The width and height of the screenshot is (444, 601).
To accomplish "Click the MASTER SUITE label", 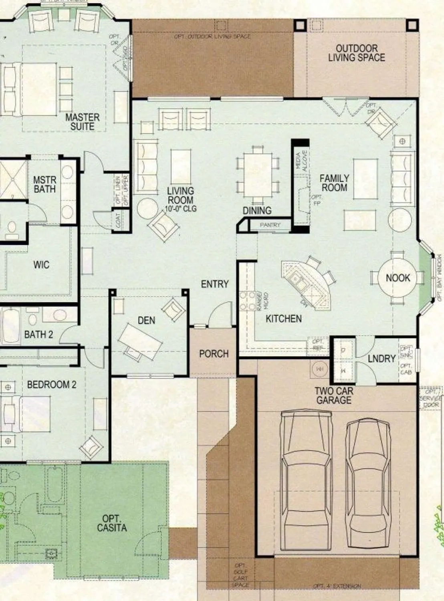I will tap(82, 122).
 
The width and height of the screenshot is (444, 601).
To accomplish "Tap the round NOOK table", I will tap(398, 278).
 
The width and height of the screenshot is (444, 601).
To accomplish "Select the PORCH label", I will tap(214, 354).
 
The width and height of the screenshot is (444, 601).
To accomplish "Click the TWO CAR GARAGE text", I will tap(333, 395).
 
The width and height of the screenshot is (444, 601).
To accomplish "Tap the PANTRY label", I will tap(270, 225).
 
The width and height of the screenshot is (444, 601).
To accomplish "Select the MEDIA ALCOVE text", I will tap(301, 161).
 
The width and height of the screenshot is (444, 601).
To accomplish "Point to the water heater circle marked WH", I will tap(319, 369).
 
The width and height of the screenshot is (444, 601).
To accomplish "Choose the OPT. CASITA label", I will tap(112, 523).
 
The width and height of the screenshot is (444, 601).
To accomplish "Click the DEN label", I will tap(146, 321).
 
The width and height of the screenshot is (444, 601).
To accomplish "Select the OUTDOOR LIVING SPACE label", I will tap(356, 53).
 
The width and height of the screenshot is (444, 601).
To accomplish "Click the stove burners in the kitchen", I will tap(247, 301).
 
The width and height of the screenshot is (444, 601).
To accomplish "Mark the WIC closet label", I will tap(41, 264).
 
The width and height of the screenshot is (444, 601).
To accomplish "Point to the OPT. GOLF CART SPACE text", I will tap(240, 575).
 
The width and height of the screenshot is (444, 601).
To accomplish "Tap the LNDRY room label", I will tap(381, 358).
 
